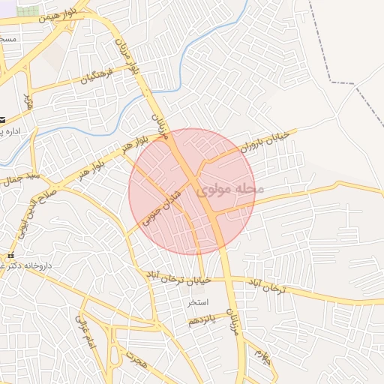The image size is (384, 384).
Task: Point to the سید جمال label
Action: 14,181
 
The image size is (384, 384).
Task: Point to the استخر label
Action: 198,303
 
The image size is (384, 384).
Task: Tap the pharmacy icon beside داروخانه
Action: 10,255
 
